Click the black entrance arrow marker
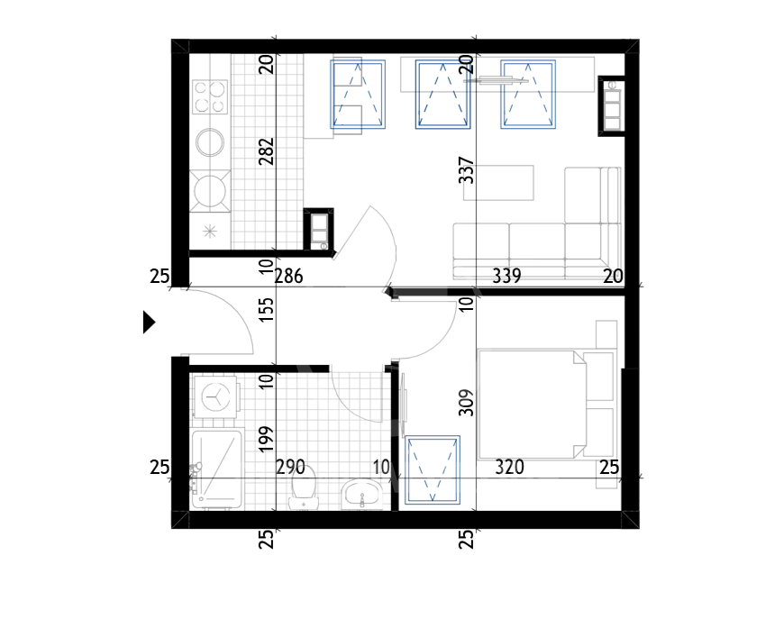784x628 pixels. [x=149, y=322]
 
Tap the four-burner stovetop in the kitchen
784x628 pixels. [x=210, y=97]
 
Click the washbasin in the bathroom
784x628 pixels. [x=361, y=494]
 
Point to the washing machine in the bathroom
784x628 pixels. [x=215, y=397]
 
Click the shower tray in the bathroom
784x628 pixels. [x=216, y=469]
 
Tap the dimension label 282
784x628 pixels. [x=266, y=151]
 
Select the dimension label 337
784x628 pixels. [x=466, y=170]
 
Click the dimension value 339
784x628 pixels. [x=506, y=276]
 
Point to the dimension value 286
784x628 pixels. [x=289, y=276]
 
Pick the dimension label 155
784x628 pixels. [x=267, y=309]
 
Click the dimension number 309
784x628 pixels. [x=466, y=402]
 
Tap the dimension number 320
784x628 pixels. [x=509, y=467]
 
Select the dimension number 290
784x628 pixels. [x=290, y=467]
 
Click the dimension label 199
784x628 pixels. [x=266, y=439]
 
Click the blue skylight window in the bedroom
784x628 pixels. [x=433, y=469]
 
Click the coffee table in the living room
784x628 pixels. [x=498, y=183]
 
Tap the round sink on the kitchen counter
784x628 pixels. [x=210, y=142]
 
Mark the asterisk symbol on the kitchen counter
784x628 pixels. [x=210, y=231]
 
